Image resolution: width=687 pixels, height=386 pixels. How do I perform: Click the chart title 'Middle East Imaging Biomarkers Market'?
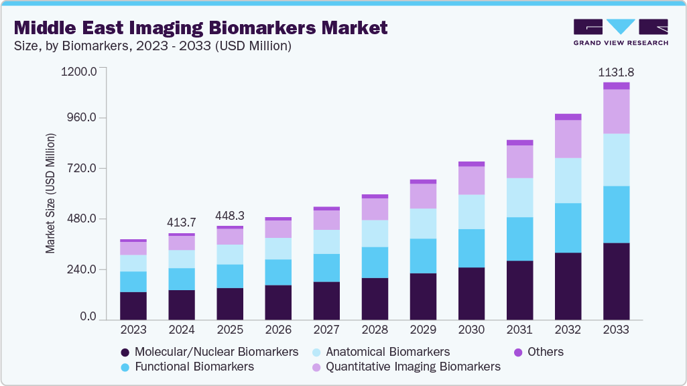[x=200, y=27]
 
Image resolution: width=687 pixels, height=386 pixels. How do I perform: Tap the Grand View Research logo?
[x=621, y=31]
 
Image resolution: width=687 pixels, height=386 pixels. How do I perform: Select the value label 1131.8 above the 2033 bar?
[x=615, y=72]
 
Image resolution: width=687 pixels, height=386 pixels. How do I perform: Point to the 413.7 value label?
[x=181, y=222]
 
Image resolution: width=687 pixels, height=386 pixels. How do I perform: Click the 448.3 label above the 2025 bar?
[x=229, y=215]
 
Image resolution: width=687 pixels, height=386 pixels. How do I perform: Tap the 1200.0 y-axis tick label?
[x=78, y=70]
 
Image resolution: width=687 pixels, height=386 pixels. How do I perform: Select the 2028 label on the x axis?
[x=374, y=330]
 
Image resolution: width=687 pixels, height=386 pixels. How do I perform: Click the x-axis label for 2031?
[x=519, y=330]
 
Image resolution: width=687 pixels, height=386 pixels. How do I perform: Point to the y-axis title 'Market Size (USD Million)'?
[x=50, y=194]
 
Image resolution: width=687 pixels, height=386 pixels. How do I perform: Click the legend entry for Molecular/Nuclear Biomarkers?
[x=209, y=352]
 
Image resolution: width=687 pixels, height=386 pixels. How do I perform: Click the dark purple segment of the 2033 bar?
[x=616, y=281]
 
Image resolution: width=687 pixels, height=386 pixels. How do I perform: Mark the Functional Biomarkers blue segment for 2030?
[x=471, y=248]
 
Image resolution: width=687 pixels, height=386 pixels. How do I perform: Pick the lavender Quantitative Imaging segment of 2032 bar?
[x=568, y=139]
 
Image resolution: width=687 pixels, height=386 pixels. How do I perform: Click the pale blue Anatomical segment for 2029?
[x=423, y=223]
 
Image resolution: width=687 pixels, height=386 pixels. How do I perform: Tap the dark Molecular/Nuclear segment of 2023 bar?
[x=133, y=306]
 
